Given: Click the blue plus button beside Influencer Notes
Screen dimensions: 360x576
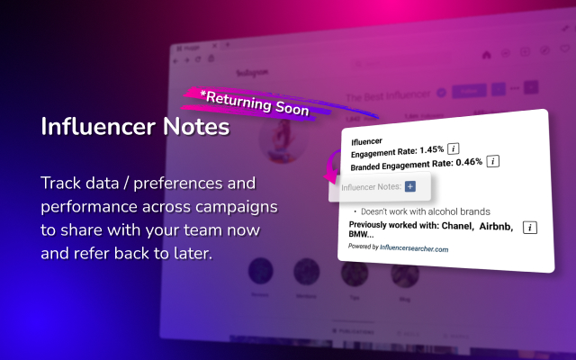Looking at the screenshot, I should (x=410, y=186).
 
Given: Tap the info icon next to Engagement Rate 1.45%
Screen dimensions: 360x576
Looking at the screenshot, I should (x=454, y=148).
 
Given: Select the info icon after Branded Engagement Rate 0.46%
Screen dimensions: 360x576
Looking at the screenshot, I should (x=493, y=162).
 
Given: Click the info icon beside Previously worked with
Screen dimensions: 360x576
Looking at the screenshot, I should (x=530, y=227).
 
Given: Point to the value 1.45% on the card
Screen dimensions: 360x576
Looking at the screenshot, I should (x=429, y=148).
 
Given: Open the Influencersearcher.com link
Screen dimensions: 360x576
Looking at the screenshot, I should (x=416, y=248).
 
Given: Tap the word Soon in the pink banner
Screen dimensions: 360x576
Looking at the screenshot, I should (x=290, y=109).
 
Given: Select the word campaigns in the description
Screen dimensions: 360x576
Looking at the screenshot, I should (x=236, y=206).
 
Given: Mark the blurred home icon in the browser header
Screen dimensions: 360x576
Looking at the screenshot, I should (x=487, y=53).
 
